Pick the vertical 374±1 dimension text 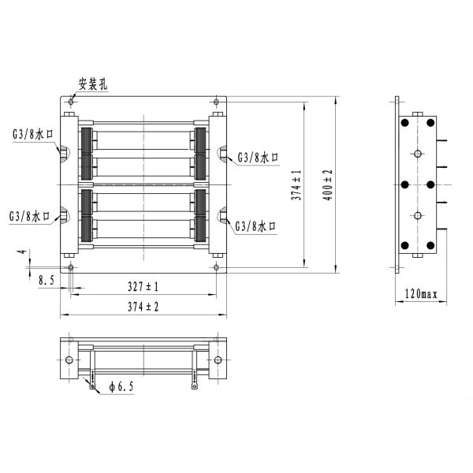click(x=296, y=184)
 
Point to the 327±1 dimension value click(x=143, y=285)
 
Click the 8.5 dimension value click(x=46, y=278)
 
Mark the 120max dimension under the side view click(x=420, y=294)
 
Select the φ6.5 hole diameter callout click(x=121, y=386)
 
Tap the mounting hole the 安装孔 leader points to click(x=72, y=102)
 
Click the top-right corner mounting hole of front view click(x=216, y=102)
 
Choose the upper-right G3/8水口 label click(x=258, y=158)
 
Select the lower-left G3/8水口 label click(x=30, y=215)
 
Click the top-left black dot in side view click(x=404, y=123)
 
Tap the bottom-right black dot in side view click(x=430, y=245)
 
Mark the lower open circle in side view click(x=417, y=215)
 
